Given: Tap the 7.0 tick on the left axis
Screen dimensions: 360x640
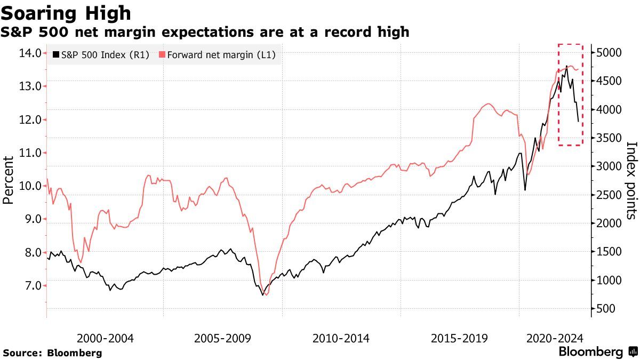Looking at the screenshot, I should tap(30, 285).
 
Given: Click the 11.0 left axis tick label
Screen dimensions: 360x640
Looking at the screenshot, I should tap(30, 153).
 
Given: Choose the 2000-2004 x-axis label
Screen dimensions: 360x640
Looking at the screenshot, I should tap(105, 338).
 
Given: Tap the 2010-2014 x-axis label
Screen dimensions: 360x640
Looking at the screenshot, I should tap(341, 338).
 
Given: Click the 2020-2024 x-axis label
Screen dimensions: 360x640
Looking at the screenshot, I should tap(555, 338).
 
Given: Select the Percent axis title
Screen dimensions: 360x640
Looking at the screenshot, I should tap(9, 180).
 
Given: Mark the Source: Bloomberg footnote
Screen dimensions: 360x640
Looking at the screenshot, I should tap(52, 353).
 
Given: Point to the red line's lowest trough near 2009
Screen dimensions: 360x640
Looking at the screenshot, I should tap(266, 294).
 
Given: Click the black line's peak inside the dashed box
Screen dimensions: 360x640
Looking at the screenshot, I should tap(566, 66).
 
